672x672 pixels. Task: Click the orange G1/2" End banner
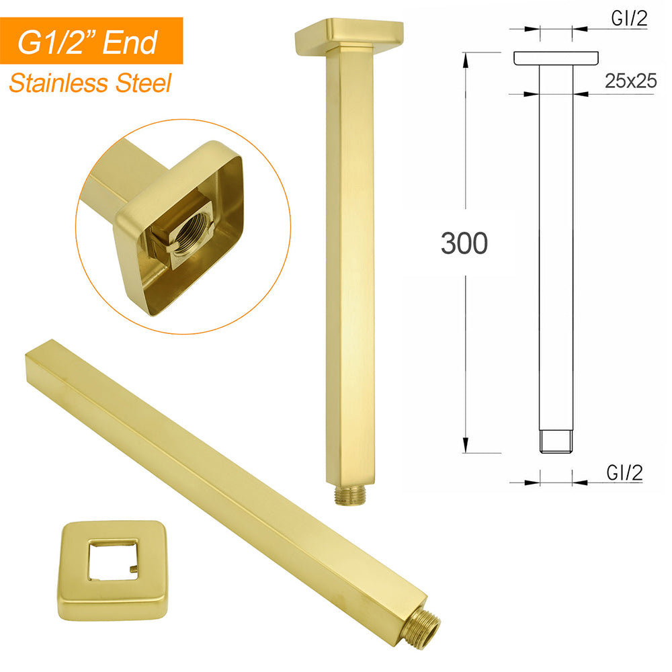coord(91,41)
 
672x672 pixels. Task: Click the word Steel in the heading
coord(142,84)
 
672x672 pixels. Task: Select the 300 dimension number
coord(464,244)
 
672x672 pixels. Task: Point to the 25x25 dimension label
coord(630,82)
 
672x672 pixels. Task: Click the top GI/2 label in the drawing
coord(629,19)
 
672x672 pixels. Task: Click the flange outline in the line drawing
coord(556,59)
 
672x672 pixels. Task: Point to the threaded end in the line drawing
coord(556,440)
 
